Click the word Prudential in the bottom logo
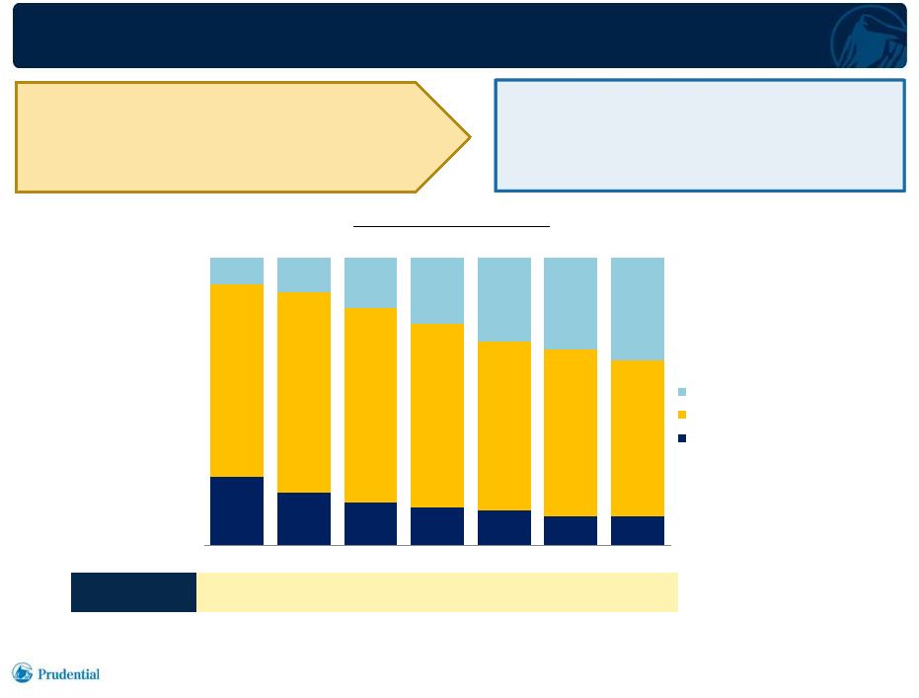68,674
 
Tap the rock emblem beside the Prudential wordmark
23,672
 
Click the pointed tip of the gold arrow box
470,137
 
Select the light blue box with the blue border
701,135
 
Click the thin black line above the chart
451,226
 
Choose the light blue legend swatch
682,392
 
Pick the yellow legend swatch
682,415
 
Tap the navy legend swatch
682,437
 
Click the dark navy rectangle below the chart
133,592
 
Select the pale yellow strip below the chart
437,592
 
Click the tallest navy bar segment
237,511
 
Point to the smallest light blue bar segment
237,271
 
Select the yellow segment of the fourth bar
437,416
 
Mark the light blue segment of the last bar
638,309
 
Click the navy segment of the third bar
370,524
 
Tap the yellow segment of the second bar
304,393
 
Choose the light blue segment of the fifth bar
504,299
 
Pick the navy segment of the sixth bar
571,531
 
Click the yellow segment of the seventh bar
638,438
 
